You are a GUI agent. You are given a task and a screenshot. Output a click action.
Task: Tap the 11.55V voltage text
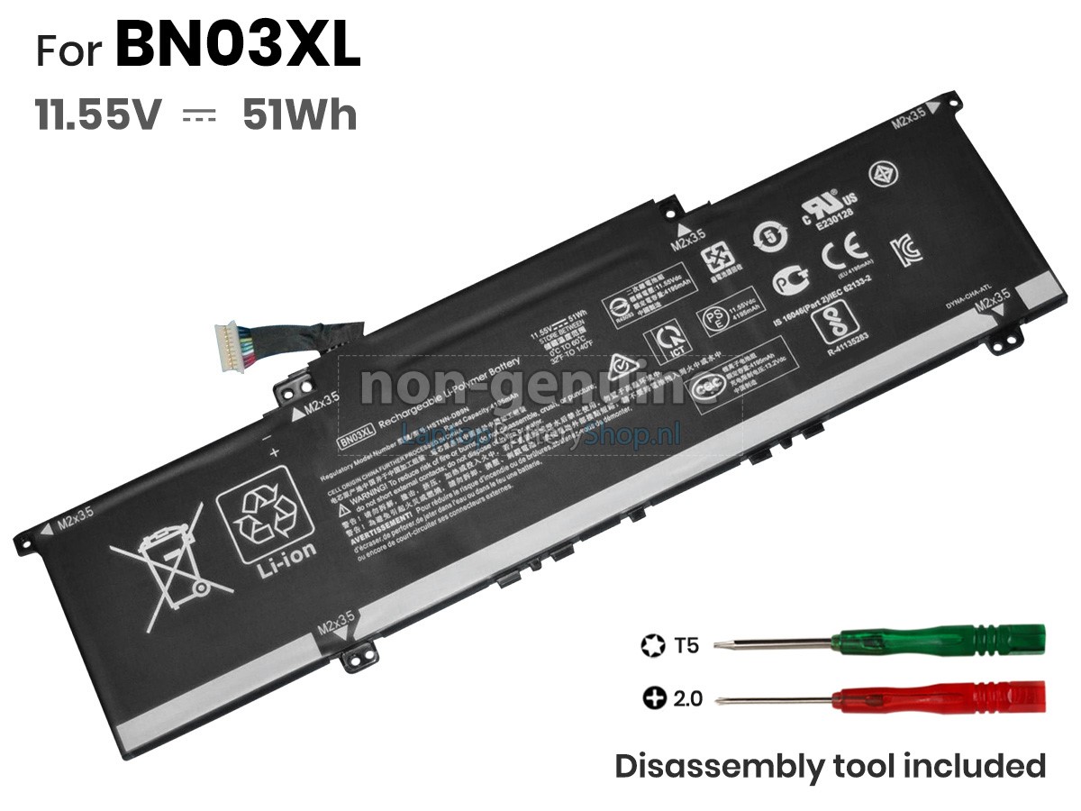point(98,115)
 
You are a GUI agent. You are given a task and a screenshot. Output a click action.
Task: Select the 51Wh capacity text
point(299,115)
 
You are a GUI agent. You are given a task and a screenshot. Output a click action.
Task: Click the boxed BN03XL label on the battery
point(357,438)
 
